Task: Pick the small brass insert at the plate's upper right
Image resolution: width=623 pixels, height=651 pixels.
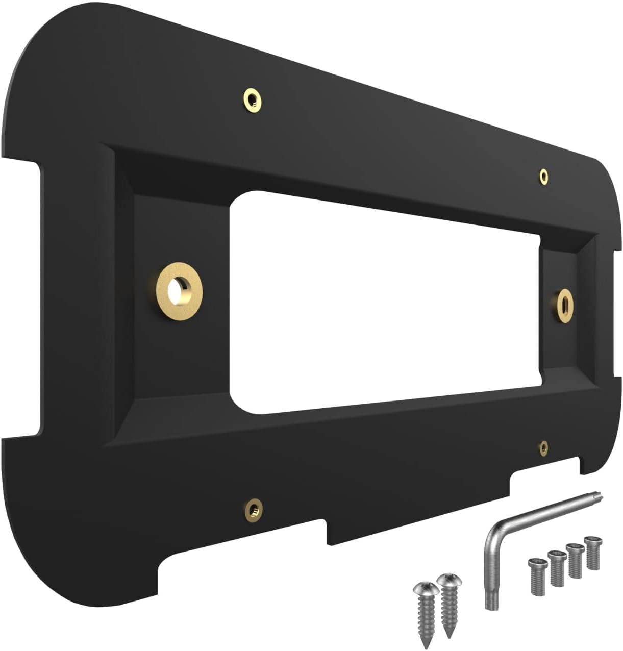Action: [544, 177]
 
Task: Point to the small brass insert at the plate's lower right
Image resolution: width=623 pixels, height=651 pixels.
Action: [544, 448]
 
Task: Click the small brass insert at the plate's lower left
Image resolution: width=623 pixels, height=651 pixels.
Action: [253, 508]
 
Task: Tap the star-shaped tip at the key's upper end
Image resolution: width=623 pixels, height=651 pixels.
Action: [599, 496]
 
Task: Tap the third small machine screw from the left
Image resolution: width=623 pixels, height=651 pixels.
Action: [574, 560]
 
